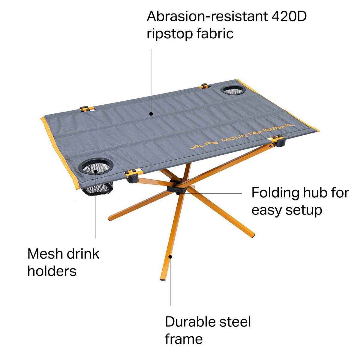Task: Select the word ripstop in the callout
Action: click(169, 34)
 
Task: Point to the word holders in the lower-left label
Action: click(52, 271)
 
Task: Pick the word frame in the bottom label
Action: click(184, 339)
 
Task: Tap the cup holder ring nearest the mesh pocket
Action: click(96, 165)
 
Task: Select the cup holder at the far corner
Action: click(233, 90)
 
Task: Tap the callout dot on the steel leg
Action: click(171, 256)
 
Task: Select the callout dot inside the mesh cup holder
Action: click(96, 171)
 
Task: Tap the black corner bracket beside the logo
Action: click(279, 141)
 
